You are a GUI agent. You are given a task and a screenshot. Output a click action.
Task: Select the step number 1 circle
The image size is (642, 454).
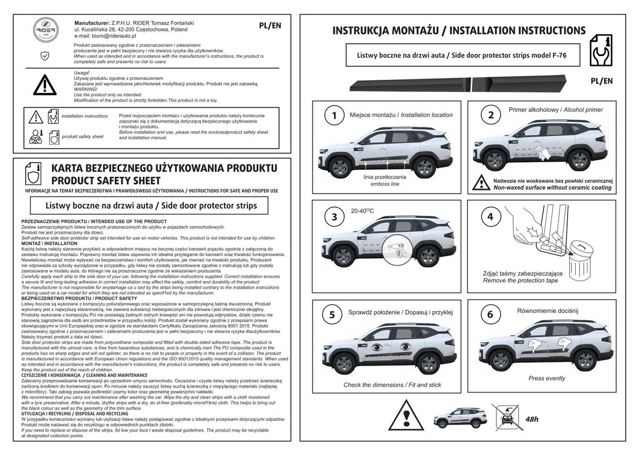click(x=334, y=115)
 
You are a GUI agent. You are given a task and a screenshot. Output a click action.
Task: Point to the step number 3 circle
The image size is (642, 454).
click(x=334, y=217)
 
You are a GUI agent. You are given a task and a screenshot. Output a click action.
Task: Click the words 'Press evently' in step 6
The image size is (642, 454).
click(x=547, y=379)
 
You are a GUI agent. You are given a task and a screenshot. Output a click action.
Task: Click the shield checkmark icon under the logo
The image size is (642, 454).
click(x=44, y=55)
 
